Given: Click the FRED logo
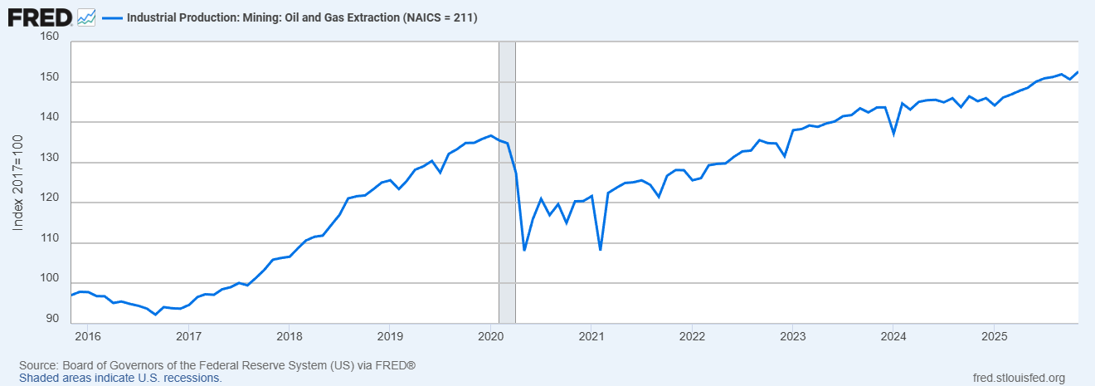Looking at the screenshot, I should click(x=40, y=16).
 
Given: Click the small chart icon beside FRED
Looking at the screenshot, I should click(x=86, y=17).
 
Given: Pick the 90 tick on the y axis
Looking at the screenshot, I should click(x=51, y=318).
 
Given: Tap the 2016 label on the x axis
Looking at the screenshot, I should click(x=87, y=336).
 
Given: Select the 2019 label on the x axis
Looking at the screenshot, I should click(x=390, y=336).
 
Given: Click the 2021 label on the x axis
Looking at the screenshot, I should click(x=591, y=336).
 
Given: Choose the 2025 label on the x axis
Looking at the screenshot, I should click(x=994, y=336).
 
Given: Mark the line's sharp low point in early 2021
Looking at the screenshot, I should click(x=600, y=249).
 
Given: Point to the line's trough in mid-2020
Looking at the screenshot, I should click(x=524, y=249).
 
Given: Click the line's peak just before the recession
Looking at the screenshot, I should click(x=491, y=135).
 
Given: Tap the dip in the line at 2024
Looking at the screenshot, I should click(x=893, y=133).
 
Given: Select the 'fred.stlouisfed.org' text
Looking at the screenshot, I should click(x=1018, y=378).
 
